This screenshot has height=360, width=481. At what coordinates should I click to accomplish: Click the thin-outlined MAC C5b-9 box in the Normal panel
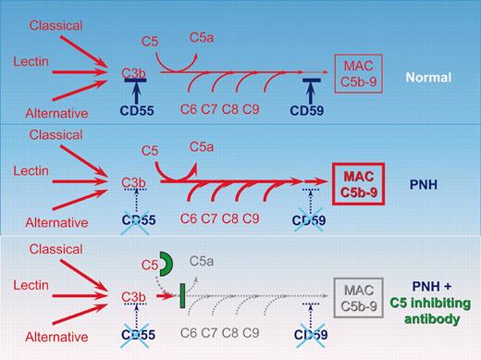click(359, 73)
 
